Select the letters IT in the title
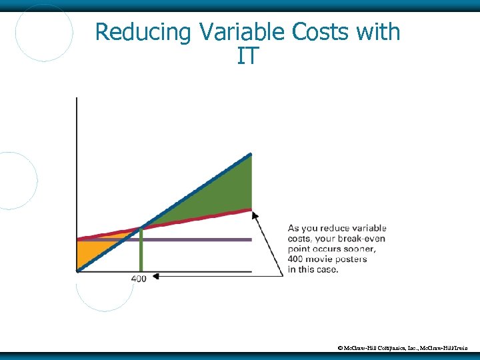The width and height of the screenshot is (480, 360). point(247,57)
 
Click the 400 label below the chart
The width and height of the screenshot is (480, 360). point(138,278)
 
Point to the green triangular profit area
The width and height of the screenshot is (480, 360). point(220,193)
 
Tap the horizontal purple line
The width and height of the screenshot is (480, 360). point(200,239)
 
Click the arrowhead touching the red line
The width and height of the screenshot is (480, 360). point(255,214)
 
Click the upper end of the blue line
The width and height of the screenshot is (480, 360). point(250,155)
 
